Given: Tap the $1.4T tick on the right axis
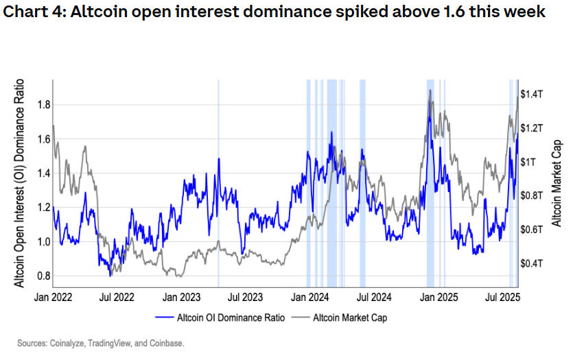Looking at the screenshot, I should point(533,93).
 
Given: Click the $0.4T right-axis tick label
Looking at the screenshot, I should point(533,263).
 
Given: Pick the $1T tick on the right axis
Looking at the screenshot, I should point(528,161).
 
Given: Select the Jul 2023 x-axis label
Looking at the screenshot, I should point(245,298).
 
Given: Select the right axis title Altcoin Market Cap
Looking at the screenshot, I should point(557,182).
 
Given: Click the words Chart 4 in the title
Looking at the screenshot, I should point(30,12).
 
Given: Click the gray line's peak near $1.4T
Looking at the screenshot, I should point(430,90).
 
